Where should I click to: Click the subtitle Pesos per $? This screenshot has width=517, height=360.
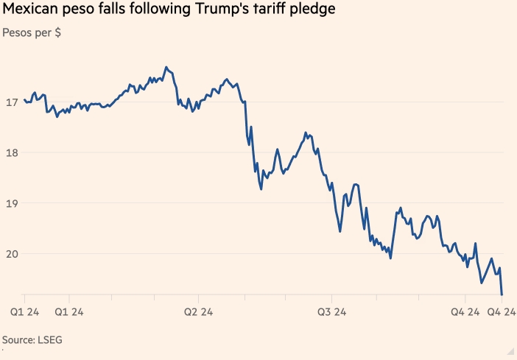(x=32, y=34)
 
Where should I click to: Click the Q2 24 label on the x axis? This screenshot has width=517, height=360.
(x=199, y=312)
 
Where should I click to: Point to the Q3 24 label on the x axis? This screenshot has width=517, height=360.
(x=332, y=312)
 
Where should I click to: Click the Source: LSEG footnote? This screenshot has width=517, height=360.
(x=32, y=340)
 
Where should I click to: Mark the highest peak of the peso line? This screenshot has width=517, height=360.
(x=166, y=67)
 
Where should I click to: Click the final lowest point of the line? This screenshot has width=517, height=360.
(x=502, y=294)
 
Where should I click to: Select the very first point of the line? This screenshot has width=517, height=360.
(x=24, y=99)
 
